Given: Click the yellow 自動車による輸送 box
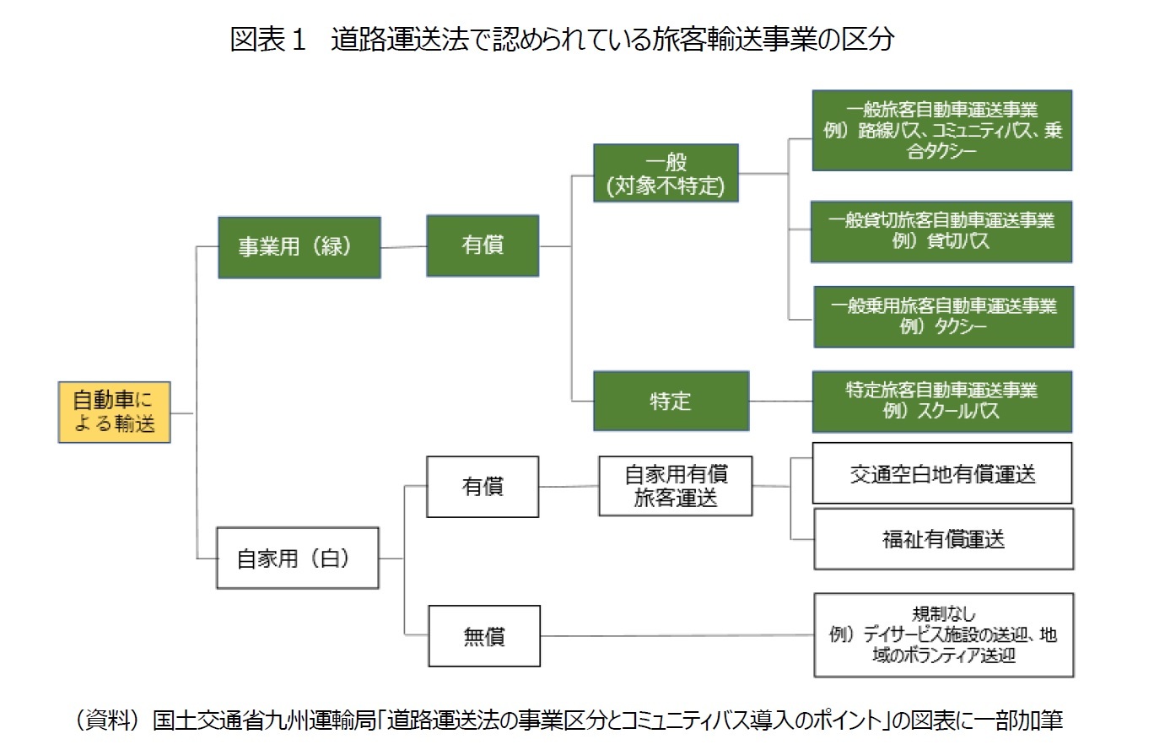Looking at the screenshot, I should click(114, 412).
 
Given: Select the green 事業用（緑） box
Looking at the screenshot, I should click(299, 247).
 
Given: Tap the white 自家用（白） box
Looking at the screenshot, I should click(297, 558).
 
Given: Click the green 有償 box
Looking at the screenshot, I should click(483, 246).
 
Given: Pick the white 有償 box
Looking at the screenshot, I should click(483, 487).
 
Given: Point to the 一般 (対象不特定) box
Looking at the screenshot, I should click(666, 173).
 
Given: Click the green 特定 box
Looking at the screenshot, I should click(671, 401).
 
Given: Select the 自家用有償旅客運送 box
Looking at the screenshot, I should click(676, 485).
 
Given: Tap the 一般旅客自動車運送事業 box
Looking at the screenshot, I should click(941, 131).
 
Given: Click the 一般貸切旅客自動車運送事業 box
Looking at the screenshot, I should click(941, 231).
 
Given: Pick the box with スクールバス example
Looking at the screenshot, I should click(941, 402).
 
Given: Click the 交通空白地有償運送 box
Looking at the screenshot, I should click(942, 473).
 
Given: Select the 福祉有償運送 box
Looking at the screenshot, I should click(943, 538).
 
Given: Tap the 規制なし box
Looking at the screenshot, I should click(943, 634).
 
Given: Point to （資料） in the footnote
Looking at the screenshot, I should click(106, 720).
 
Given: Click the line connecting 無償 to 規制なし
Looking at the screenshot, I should click(675, 635).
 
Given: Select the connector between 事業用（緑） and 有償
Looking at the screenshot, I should click(403, 247).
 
